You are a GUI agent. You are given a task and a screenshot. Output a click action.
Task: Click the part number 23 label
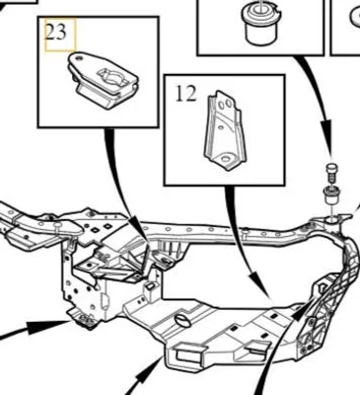pyautogui.click(x=55, y=33)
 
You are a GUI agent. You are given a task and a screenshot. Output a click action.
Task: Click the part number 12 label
pyautogui.click(x=185, y=94)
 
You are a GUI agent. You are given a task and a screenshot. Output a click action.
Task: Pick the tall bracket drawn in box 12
pyautogui.click(x=226, y=130)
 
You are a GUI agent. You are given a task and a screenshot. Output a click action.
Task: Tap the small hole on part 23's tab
pyautogui.click(x=78, y=58)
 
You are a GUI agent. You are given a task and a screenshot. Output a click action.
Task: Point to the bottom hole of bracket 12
pyautogui.click(x=226, y=159)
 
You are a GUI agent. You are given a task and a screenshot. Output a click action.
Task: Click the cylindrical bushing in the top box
pyautogui.click(x=260, y=23)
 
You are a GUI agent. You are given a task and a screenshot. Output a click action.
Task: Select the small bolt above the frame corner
pyautogui.click(x=331, y=172)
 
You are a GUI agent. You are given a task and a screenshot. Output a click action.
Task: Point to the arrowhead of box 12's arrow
pyautogui.click(x=259, y=282)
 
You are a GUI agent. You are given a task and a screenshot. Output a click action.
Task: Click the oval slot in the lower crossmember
pyautogui.click(x=182, y=321)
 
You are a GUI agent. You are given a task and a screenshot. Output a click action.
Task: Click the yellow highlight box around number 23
pyautogui.click(x=60, y=35)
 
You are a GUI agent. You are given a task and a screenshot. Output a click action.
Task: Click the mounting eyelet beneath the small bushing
pyautogui.click(x=332, y=218)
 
